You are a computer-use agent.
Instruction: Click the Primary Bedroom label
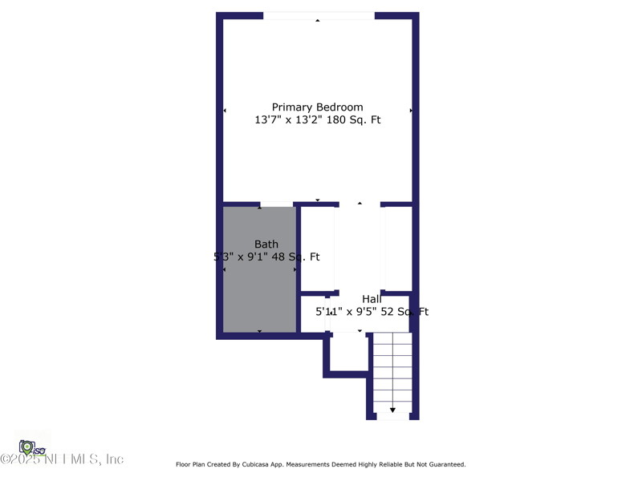(317, 107)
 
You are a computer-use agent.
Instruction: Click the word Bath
(266, 245)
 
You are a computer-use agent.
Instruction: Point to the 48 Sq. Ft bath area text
(296, 257)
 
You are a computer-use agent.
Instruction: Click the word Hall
(372, 299)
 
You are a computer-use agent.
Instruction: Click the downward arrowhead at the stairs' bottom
(392, 410)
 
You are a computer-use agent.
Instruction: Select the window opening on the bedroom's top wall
(319, 16)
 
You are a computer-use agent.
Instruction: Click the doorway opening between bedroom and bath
(277, 204)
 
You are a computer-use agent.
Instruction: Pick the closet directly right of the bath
(317, 249)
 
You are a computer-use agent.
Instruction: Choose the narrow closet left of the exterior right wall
(398, 249)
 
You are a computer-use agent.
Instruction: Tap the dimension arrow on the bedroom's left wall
(225, 111)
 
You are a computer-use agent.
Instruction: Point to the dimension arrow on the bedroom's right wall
(411, 111)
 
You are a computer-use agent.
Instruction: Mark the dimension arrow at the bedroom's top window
(318, 21)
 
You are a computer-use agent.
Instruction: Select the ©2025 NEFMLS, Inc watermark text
(63, 459)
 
